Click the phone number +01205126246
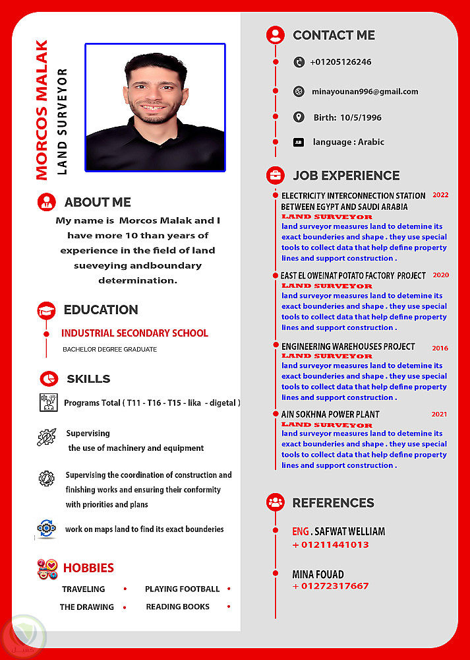[x=340, y=62]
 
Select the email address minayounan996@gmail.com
[x=365, y=92]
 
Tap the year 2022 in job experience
[x=440, y=195]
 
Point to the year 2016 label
[x=440, y=348]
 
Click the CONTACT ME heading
[x=334, y=36]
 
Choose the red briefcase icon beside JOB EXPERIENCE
[x=275, y=176]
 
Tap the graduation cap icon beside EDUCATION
[x=46, y=310]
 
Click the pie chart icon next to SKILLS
[x=47, y=379]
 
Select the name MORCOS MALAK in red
[x=42, y=110]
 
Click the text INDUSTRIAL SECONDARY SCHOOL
[x=134, y=333]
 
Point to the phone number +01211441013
[x=330, y=544]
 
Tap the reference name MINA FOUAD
[x=318, y=574]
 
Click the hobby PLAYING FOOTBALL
[x=182, y=589]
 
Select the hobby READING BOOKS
[x=177, y=607]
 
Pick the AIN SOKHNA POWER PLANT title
[x=330, y=414]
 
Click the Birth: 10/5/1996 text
[x=347, y=117]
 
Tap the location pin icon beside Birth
[x=299, y=117]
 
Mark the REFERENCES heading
[x=333, y=503]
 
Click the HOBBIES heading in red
[x=88, y=568]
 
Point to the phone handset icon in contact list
[x=299, y=62]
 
